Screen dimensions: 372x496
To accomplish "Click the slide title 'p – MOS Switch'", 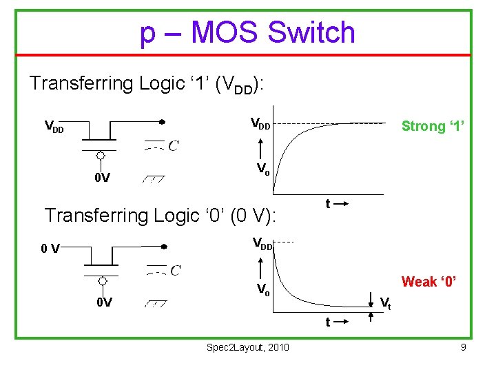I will tap(247, 32).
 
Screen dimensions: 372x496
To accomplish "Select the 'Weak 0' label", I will tap(429, 282).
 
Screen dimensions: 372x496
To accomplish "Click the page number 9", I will tap(464, 347).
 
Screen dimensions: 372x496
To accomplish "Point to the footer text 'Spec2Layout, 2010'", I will tap(248, 347).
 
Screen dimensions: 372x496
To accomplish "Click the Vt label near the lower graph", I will tap(386, 302).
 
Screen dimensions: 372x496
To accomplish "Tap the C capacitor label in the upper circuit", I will tap(174, 145).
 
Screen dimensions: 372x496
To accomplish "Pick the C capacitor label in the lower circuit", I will tap(175, 269).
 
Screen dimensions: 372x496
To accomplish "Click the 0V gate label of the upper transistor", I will tap(103, 179).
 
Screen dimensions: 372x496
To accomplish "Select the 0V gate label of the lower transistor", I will tap(104, 303).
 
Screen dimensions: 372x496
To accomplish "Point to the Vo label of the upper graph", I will tap(263, 168).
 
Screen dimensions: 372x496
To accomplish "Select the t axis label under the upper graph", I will tap(329, 203).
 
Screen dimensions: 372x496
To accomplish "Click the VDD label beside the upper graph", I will tap(260, 125).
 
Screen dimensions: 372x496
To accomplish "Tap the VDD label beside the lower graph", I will tap(263, 243).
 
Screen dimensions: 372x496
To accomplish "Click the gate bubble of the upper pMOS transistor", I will tap(101, 155).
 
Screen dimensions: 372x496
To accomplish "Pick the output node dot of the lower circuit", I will tap(163, 246).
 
